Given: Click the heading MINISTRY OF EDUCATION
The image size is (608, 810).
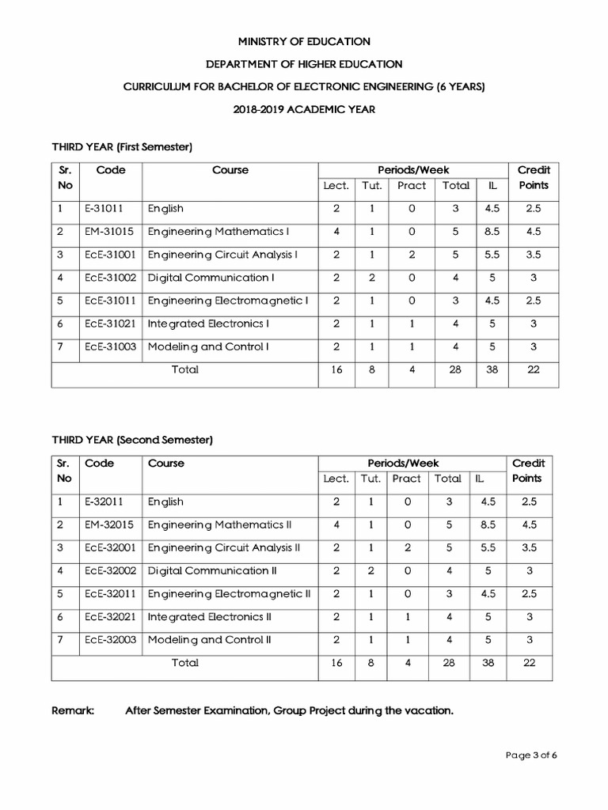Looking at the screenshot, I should [303, 41].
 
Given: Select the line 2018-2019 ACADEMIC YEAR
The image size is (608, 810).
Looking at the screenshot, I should [303, 110].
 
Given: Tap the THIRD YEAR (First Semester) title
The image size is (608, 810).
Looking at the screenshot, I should [123, 147].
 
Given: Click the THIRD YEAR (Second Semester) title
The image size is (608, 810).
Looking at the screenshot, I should [132, 440].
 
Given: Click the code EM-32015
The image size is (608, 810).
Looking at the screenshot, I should [106, 524].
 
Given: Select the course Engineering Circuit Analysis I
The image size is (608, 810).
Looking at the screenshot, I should [222, 255].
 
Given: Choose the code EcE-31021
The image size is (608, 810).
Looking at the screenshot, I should [109, 324].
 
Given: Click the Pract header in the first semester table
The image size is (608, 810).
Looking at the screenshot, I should [412, 186].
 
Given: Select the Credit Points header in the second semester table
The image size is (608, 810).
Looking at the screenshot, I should [529, 471].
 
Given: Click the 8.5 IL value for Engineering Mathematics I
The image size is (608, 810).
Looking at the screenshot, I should [492, 232].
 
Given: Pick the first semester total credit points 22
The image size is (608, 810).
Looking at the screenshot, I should [532, 370].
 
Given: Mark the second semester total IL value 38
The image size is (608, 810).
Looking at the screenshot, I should [488, 663].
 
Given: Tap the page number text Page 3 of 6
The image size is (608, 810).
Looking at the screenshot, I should [532, 755].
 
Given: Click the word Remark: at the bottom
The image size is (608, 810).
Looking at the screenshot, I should [73, 711].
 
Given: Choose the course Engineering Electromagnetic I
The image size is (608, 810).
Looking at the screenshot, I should [227, 301].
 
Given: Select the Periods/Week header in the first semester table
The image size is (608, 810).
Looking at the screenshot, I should [413, 170].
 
